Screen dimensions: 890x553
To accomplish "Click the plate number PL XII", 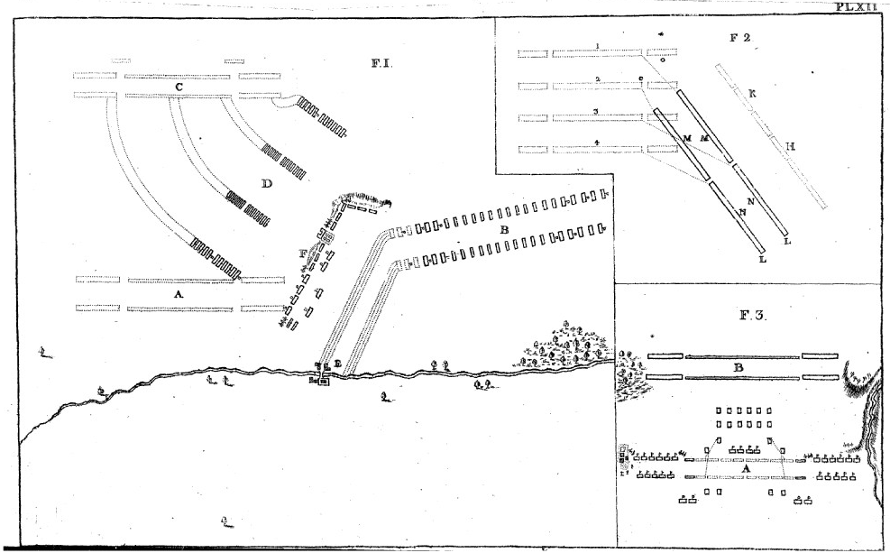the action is click(862, 5).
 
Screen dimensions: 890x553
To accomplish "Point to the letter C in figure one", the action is click(179, 86).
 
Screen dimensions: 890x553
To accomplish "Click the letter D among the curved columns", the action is click(266, 184).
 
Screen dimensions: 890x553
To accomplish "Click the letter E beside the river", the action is click(337, 364).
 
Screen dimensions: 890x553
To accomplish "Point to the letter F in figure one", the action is click(303, 253).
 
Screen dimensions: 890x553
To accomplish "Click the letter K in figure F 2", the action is click(751, 93).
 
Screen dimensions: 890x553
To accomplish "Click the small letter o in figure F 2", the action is click(662, 61).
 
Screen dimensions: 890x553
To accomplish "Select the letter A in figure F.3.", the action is click(745, 467).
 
